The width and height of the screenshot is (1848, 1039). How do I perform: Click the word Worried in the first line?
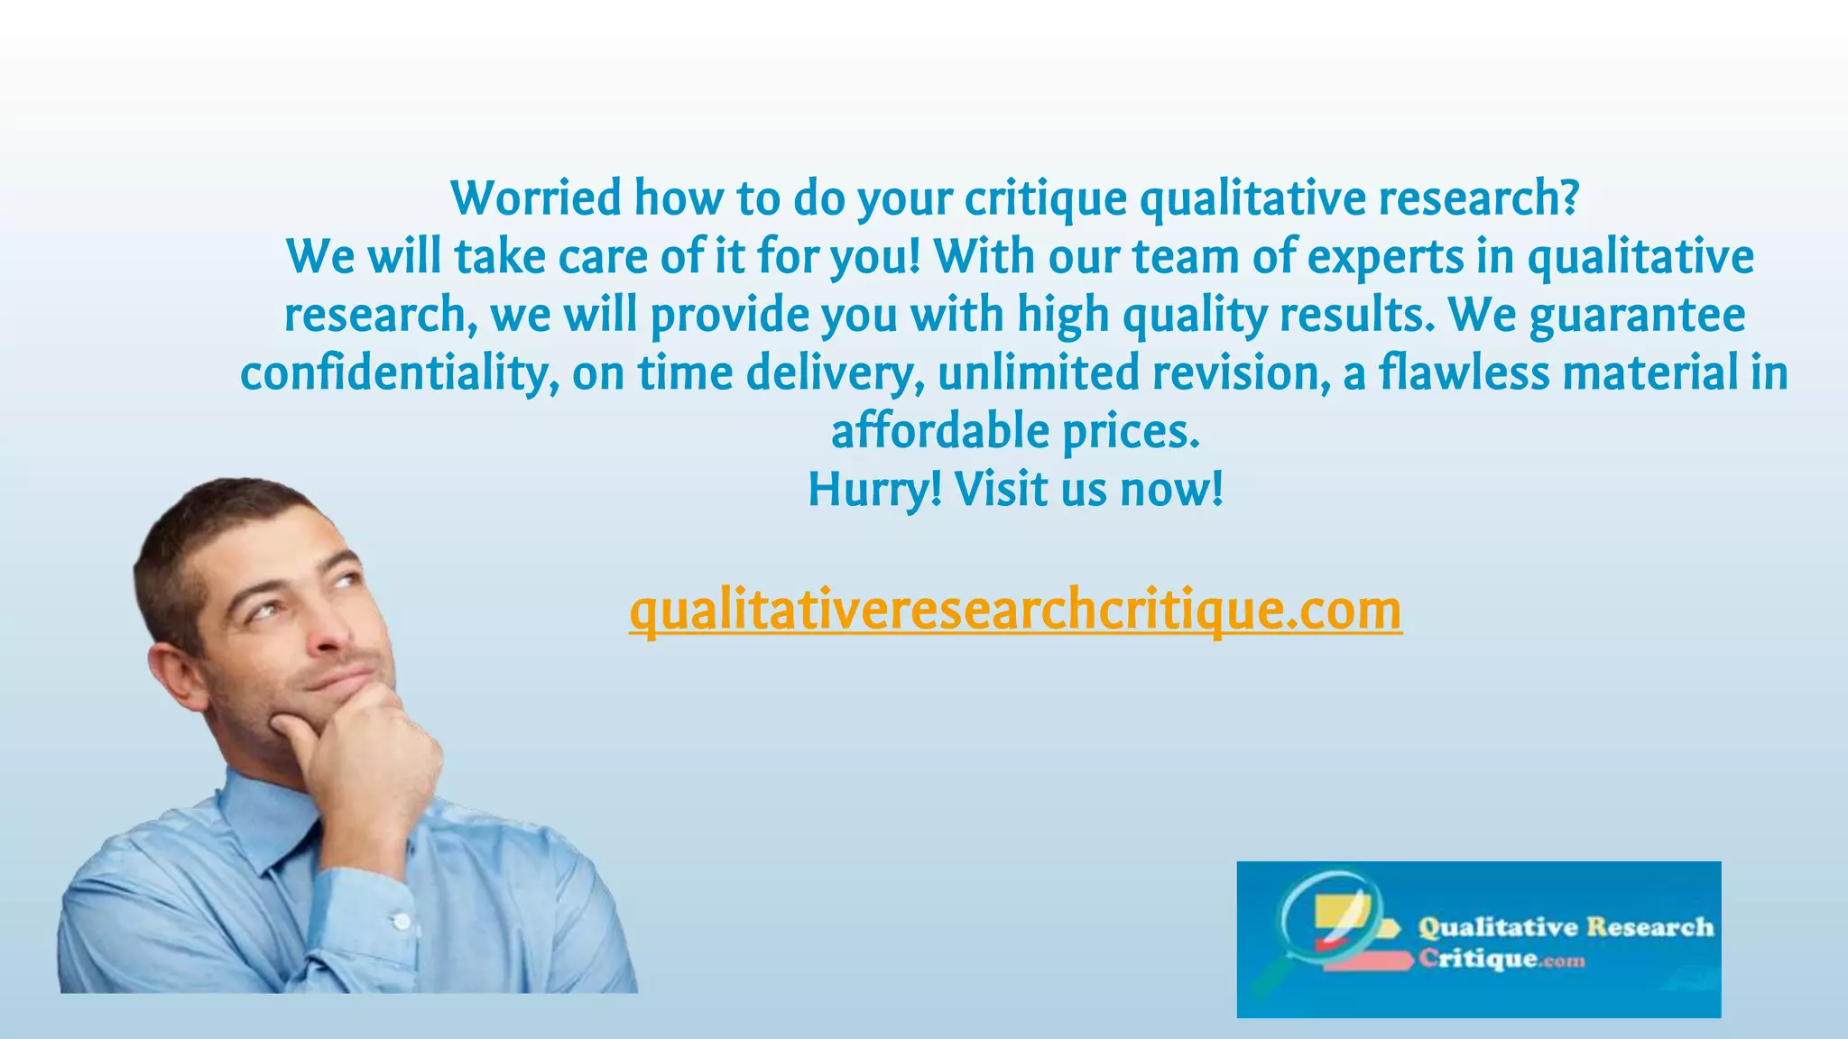pyautogui.click(x=536, y=198)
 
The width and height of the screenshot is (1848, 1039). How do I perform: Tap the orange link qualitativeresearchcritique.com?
pyautogui.click(x=1015, y=611)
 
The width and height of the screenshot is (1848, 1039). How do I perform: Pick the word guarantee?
pyautogui.click(x=1637, y=316)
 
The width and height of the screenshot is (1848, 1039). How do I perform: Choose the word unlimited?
pyautogui.click(x=1038, y=373)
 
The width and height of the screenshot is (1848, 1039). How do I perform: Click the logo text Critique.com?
pyautogui.click(x=1501, y=958)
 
